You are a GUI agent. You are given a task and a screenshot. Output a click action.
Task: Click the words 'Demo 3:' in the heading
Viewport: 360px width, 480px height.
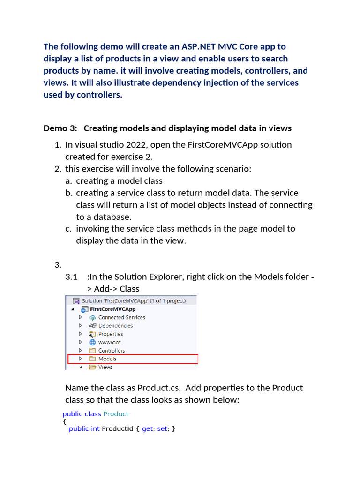tap(60, 128)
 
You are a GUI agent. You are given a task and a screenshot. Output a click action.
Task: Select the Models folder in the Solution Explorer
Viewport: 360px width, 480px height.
tap(107, 359)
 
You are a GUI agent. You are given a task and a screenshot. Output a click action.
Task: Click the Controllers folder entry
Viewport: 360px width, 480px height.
tap(111, 351)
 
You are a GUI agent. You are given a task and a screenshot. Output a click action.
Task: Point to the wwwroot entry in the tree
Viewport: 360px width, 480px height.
tap(109, 342)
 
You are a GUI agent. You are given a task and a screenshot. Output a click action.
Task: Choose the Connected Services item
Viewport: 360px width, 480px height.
tap(121, 317)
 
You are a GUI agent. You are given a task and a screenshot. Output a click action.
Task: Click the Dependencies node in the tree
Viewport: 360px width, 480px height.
tap(115, 326)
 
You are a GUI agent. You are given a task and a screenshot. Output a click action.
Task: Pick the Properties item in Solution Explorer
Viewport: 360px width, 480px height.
tap(111, 334)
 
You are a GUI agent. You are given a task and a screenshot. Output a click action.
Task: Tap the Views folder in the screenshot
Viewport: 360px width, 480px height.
tap(105, 367)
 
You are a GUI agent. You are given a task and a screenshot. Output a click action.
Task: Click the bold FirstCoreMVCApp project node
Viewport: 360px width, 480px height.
tap(112, 309)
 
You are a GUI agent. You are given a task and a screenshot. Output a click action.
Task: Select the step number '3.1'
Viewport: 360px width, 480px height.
tap(71, 277)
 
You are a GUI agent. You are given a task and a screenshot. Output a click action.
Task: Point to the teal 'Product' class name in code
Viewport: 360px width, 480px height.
tap(116, 414)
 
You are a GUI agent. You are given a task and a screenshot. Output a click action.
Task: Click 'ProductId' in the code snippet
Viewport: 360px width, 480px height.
tap(118, 429)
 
